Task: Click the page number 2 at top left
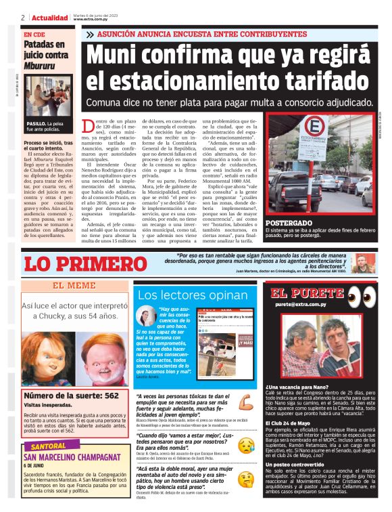24,17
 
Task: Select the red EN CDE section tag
35,34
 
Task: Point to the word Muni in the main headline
123,54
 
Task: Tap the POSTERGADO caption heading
289,223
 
